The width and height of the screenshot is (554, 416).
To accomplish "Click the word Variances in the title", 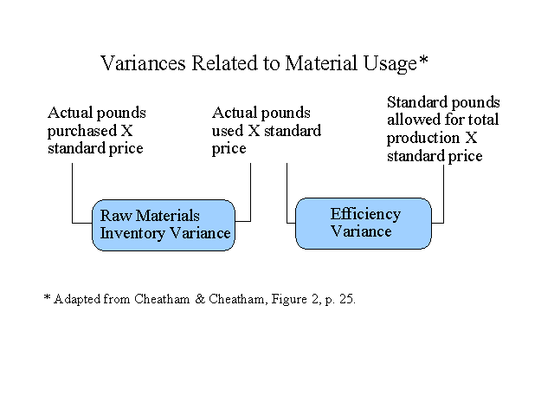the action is pos(143,63).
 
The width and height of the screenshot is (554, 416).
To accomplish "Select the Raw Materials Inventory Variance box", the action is pos(164,225).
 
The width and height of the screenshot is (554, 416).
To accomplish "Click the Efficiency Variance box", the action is pos(364,224).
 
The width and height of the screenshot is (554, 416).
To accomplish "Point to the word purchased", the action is pos(81,131).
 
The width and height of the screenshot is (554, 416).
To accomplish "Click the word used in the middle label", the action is pos(228,131).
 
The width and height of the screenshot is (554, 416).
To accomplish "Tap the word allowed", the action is pos(413,120).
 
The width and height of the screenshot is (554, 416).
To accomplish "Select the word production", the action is pos(423,139).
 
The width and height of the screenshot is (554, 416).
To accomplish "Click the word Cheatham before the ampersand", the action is pos(162,299).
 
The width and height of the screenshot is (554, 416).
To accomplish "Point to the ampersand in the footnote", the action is pos(200,299).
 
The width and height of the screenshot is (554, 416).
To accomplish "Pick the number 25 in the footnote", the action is pos(346,299).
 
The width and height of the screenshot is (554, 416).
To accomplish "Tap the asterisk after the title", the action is pos(423,60).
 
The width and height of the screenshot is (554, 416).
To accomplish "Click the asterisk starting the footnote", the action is pos(47,297).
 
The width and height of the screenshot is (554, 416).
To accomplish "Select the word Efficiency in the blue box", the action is pos(365,214).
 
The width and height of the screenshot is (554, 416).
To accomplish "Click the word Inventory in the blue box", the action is pos(132,233).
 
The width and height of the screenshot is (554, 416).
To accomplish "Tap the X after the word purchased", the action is pos(127,131).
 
